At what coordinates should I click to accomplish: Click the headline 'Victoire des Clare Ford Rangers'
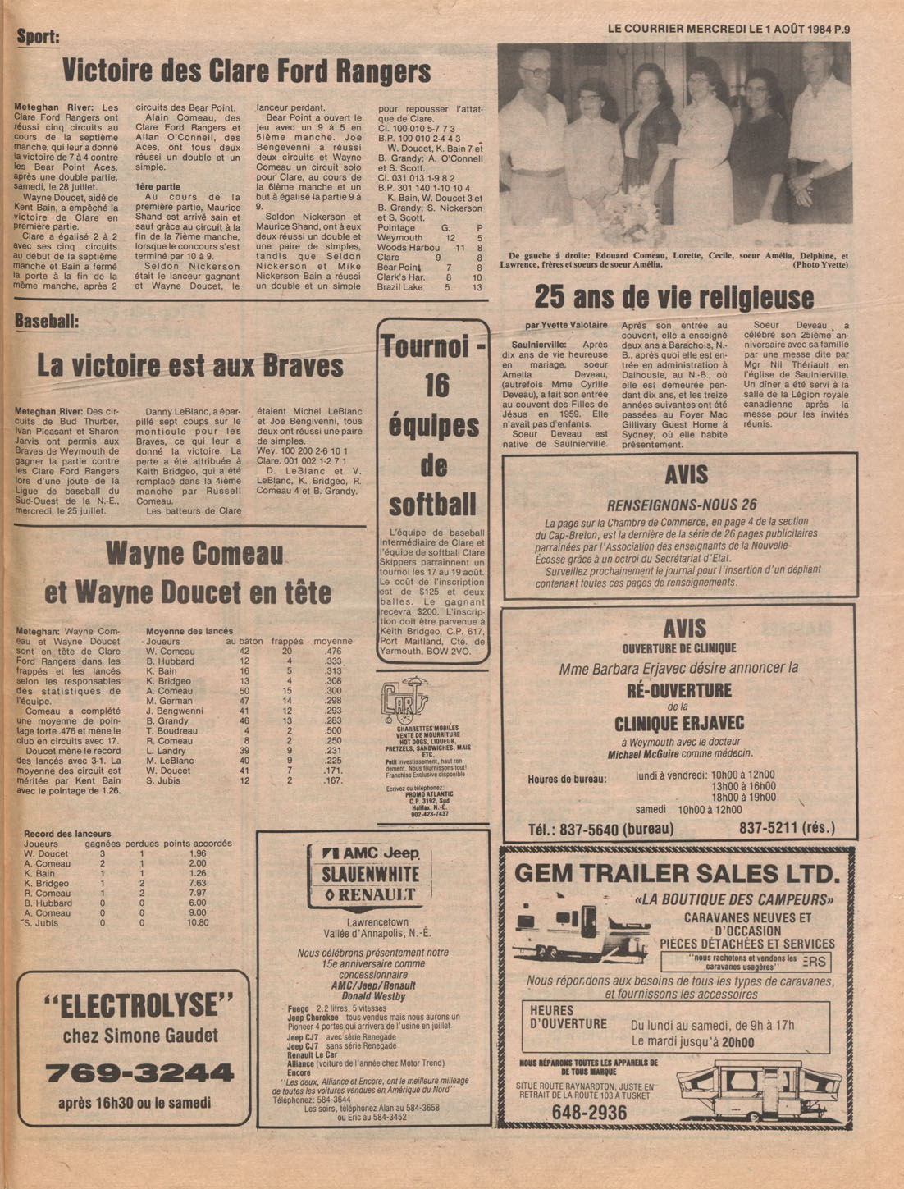point(246,71)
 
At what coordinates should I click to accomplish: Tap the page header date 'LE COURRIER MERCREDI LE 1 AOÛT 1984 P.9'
point(728,28)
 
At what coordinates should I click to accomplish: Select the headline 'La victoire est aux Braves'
point(190,365)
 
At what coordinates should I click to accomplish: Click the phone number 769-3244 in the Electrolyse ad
point(139,1072)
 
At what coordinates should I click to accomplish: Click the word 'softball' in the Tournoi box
point(432,504)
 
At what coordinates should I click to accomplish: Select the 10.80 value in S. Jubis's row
point(198,922)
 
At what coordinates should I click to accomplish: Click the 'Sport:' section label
point(39,36)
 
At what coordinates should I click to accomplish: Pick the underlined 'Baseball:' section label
point(47,322)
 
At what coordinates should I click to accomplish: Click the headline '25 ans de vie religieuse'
point(674,297)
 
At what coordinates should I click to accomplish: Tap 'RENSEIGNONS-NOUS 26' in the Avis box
point(682,505)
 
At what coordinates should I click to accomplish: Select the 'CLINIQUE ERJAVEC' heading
point(679,723)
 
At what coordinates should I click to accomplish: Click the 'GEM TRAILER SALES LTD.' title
point(678,872)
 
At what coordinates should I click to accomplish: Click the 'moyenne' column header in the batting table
point(333,641)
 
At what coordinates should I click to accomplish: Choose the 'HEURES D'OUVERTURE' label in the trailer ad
point(568,1017)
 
